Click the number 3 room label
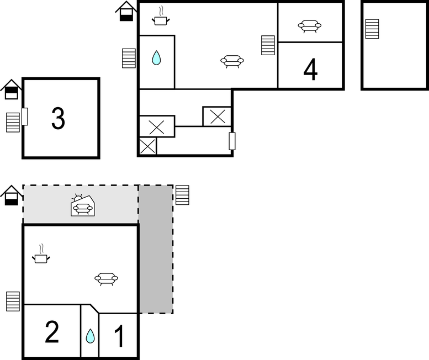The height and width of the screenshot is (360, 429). point(59,119)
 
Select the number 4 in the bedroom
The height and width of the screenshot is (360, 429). point(310,70)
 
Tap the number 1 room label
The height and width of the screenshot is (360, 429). point(119,336)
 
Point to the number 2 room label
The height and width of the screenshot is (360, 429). point(52,332)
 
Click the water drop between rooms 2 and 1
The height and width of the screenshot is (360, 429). point(91,336)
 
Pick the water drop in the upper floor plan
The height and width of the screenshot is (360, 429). point(156,58)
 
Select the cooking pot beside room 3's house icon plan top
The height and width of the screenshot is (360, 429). point(161,17)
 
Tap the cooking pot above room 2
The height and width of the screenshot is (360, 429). point(41,254)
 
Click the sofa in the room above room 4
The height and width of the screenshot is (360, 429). point(309,27)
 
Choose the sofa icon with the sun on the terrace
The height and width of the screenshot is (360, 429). point(83,205)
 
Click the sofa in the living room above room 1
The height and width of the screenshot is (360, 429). point(106,279)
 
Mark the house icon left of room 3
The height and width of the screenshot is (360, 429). point(11,89)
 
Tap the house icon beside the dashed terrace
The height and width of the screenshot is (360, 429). point(11,195)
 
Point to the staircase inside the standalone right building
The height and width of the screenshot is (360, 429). point(372,29)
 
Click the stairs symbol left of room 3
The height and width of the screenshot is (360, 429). point(13,122)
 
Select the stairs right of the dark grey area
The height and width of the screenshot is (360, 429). point(182,195)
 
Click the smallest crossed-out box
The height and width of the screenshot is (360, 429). point(147,146)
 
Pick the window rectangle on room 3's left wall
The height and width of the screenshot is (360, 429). point(25,117)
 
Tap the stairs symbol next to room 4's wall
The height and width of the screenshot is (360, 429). point(268,45)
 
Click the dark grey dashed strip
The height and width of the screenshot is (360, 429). point(156,249)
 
